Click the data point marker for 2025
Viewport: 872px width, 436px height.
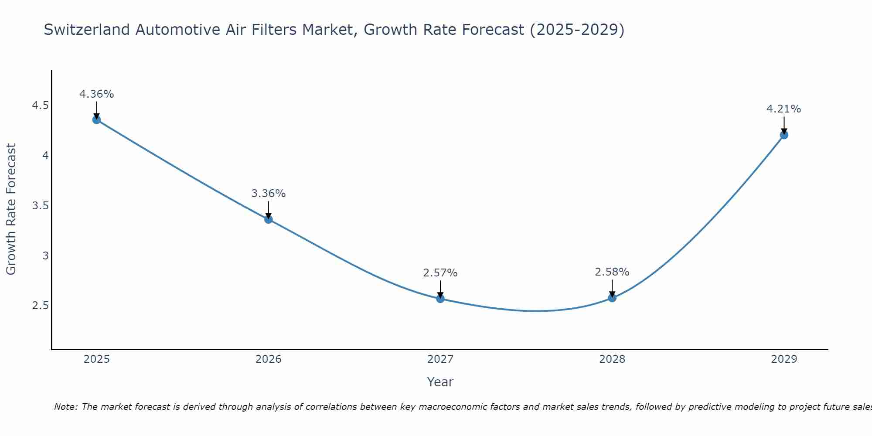(97, 120)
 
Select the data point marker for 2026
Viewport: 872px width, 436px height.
(269, 219)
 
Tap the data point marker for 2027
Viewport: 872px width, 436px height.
(440, 299)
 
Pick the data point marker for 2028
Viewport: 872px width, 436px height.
(612, 298)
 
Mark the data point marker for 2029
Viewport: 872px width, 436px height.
(784, 135)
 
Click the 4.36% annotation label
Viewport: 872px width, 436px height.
(97, 94)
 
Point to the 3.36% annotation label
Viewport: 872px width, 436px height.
(269, 194)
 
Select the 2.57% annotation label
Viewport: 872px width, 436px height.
(440, 273)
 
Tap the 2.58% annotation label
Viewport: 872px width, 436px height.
(612, 272)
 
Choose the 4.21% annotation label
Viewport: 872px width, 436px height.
(784, 109)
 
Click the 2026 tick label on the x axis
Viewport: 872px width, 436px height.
(269, 359)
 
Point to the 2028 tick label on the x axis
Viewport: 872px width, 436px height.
(612, 359)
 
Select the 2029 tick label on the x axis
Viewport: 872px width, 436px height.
(784, 359)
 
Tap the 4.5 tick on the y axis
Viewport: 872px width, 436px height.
(41, 106)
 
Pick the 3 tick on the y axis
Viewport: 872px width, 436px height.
(45, 256)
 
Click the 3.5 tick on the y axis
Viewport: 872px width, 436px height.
(41, 206)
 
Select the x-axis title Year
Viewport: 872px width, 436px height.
(440, 382)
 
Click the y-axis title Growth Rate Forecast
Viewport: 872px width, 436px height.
(11, 209)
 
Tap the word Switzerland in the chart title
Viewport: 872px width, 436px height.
(87, 30)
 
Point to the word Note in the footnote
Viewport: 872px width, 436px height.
(65, 407)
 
